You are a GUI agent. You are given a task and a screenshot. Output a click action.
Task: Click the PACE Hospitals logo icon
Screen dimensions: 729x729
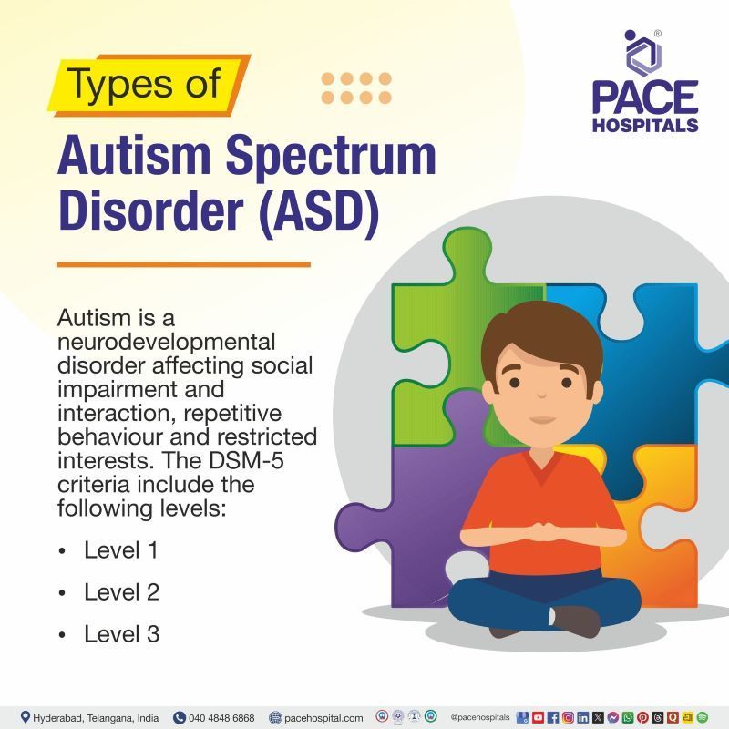tap(644, 52)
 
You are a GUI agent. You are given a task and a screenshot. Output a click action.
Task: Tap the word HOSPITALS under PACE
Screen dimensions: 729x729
tap(645, 123)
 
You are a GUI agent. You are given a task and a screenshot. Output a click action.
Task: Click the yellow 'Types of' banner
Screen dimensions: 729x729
tap(146, 84)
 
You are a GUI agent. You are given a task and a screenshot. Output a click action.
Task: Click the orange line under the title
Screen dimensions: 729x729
tap(183, 265)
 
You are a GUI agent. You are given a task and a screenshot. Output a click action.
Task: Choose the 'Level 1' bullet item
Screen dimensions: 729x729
tap(121, 550)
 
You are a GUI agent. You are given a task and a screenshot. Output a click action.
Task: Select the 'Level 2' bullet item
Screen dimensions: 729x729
tap(121, 592)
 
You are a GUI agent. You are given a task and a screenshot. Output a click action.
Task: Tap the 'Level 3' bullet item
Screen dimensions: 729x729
tap(121, 633)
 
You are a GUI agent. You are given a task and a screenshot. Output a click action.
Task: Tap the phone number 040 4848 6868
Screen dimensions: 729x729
tap(221, 717)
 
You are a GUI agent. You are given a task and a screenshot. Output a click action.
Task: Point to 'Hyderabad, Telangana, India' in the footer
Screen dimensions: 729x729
tap(96, 717)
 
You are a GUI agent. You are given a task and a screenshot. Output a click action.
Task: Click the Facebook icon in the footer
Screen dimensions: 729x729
tap(552, 717)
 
